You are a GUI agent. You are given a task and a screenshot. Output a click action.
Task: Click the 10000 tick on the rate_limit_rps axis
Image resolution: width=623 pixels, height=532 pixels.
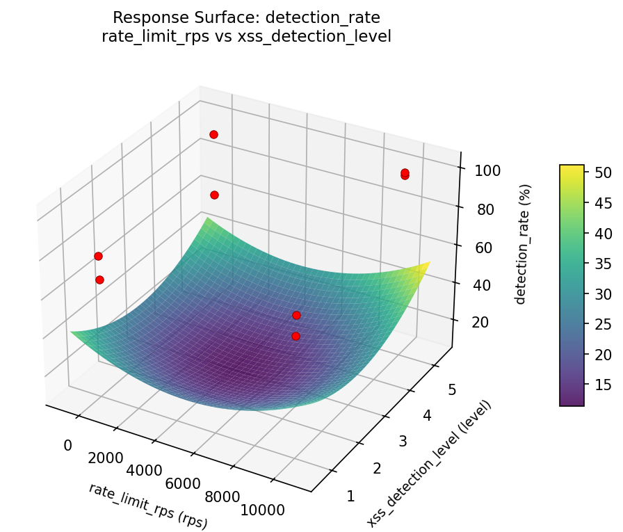pyautogui.click(x=261, y=510)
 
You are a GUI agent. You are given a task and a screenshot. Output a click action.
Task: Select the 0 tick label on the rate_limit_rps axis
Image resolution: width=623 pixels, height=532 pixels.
pyautogui.click(x=68, y=445)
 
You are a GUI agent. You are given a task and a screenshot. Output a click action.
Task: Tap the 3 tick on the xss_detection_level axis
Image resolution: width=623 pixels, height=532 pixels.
pyautogui.click(x=404, y=442)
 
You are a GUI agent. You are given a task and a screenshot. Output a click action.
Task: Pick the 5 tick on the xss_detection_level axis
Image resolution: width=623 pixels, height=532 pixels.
pyautogui.click(x=451, y=390)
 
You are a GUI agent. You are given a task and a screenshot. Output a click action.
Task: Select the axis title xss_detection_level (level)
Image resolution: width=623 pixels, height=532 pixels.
pyautogui.click(x=429, y=463)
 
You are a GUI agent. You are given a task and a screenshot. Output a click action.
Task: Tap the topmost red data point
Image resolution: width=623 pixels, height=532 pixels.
pyautogui.click(x=213, y=134)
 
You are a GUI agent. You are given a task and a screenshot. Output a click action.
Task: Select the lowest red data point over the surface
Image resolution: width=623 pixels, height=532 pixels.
pyautogui.click(x=296, y=336)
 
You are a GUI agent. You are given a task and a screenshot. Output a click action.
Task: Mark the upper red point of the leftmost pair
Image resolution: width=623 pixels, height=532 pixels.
pyautogui.click(x=98, y=256)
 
